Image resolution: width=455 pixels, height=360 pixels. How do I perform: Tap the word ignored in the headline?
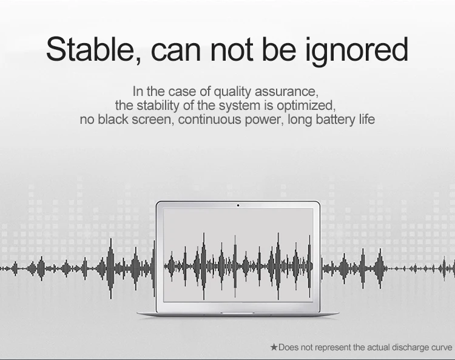[357, 51]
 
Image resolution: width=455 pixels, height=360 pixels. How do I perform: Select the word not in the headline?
[232, 50]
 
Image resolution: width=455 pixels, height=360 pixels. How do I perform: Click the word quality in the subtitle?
[232, 92]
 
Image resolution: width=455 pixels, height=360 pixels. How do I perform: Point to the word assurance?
[286, 92]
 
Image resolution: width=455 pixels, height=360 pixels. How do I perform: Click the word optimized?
[306, 106]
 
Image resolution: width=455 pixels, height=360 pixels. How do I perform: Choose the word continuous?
[209, 120]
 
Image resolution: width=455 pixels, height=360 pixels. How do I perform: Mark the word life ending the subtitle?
[367, 120]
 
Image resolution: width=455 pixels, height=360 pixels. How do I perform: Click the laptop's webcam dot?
[238, 206]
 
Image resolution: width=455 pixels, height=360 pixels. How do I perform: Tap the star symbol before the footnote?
[274, 347]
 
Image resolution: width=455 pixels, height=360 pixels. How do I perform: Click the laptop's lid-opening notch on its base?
[237, 313]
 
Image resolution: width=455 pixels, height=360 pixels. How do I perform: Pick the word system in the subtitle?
[240, 106]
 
